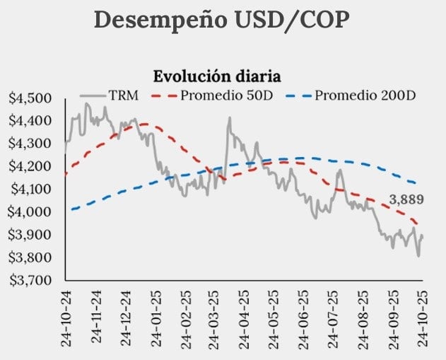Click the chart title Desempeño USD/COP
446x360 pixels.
click(221, 20)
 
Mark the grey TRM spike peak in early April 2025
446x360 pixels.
click(229, 118)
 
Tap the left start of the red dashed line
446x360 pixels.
click(66, 173)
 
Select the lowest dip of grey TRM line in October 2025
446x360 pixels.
click(418, 256)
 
